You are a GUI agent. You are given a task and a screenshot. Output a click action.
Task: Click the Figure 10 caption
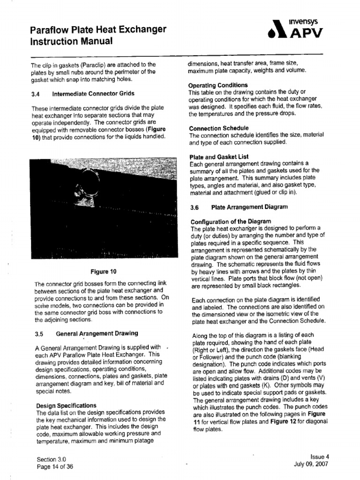pos(103,271)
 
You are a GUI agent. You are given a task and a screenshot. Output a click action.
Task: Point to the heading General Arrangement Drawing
pos(97,333)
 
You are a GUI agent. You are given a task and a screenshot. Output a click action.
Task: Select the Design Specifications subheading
pos(66,405)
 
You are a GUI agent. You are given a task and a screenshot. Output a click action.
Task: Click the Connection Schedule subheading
pos(218,128)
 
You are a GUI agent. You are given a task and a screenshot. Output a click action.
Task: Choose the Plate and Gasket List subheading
pos(218,157)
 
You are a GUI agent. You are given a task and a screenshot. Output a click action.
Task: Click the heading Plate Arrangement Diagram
pos(249,207)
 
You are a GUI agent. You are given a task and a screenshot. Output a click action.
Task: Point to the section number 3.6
pos(195,207)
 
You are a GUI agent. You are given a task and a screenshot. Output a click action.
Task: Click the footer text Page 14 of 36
pos(54,467)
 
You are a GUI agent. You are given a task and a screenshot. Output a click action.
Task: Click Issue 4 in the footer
pos(320,456)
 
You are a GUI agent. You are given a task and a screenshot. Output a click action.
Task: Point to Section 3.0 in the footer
pos(51,459)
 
